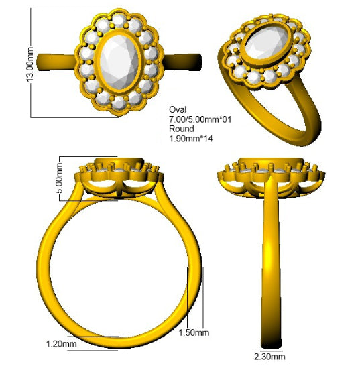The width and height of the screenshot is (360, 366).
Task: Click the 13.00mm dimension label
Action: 30,64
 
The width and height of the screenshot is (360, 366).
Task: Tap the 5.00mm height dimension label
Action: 59,178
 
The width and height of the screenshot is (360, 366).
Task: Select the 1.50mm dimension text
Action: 194,332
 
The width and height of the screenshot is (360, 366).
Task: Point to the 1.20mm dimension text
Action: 62,344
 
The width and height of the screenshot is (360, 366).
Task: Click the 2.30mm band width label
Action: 269,357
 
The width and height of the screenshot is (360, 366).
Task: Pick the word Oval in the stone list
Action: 178,109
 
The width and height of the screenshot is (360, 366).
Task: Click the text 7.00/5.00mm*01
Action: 200,119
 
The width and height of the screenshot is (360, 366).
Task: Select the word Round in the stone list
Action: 182,129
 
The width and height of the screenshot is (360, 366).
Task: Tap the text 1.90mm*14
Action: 191,139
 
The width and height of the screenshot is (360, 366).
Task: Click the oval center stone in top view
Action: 119,62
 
